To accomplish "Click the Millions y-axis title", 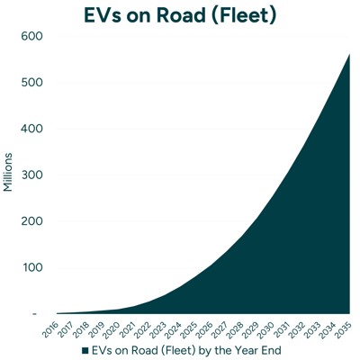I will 9,174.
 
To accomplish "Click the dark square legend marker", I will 85,349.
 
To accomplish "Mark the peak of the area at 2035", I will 348,55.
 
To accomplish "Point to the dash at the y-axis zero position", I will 35,313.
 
